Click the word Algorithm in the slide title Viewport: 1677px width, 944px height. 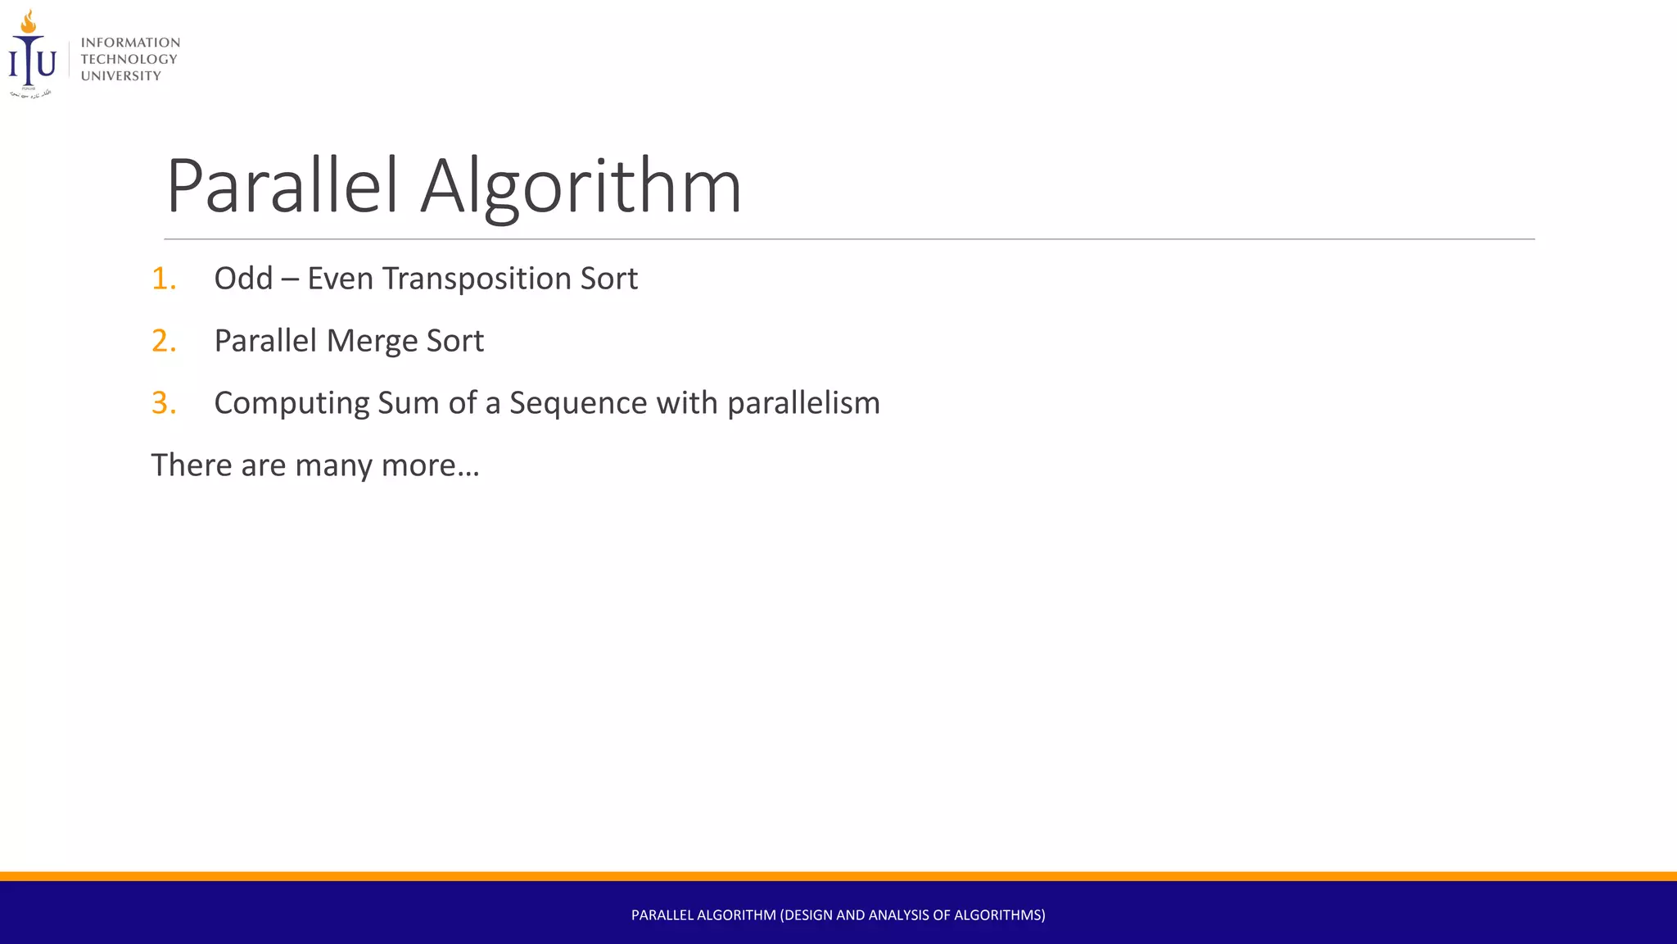point(581,187)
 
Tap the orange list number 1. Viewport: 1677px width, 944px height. point(164,279)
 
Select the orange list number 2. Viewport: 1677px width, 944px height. point(164,341)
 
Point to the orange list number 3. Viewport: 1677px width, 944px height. point(164,403)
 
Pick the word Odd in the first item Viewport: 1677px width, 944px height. point(243,279)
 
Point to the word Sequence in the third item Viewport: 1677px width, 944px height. point(578,404)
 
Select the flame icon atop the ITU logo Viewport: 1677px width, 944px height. point(29,21)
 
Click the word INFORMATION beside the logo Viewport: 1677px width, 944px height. point(130,43)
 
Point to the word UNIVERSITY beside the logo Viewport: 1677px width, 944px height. point(121,76)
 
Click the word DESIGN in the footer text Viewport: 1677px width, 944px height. point(808,915)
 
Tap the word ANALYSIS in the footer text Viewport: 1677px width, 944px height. point(899,915)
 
